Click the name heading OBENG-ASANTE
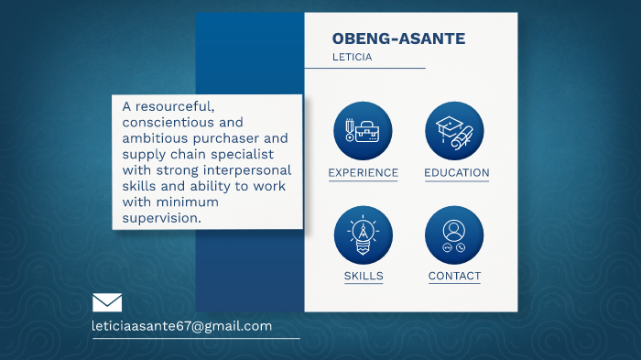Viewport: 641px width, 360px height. click(398, 38)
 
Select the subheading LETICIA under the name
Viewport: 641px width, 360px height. click(352, 57)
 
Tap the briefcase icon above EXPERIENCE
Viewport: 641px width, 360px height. click(363, 130)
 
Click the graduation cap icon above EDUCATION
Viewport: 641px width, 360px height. click(454, 130)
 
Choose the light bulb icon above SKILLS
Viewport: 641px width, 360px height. click(363, 235)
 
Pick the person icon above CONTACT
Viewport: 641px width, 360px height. click(454, 235)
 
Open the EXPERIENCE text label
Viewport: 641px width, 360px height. click(363, 173)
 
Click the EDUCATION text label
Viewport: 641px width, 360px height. click(456, 173)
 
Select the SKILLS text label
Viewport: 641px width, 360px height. click(364, 276)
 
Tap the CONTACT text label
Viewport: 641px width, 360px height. click(454, 276)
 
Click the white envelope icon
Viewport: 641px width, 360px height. click(107, 302)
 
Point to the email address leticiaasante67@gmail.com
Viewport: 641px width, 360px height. click(182, 326)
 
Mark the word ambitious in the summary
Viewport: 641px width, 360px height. click(156, 138)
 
